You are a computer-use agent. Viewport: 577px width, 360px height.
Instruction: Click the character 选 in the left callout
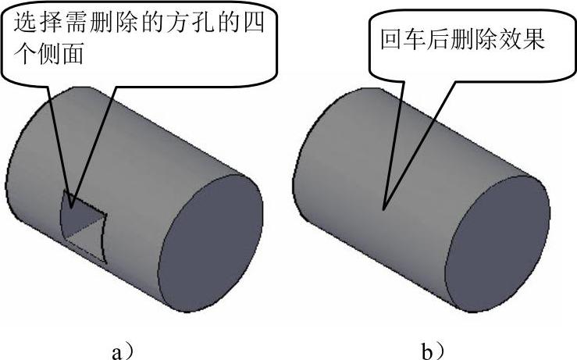point(23,24)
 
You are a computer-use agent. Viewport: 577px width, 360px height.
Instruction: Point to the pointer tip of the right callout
point(383,209)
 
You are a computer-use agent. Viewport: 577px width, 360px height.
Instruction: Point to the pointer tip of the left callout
point(71,207)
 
